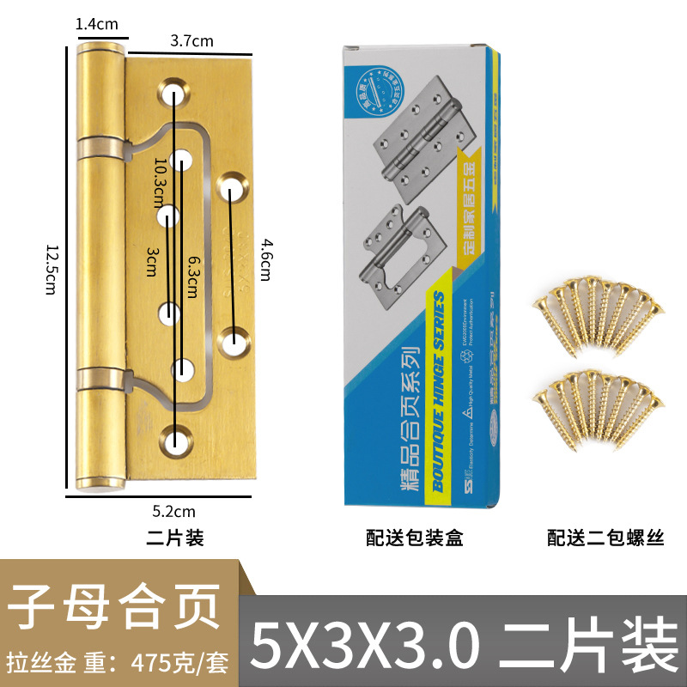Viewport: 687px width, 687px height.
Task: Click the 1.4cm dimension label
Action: pyautogui.click(x=96, y=25)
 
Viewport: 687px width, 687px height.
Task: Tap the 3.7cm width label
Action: pyautogui.click(x=192, y=40)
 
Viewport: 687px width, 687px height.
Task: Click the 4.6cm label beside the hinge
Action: pyautogui.click(x=265, y=258)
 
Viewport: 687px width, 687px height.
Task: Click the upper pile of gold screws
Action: pyautogui.click(x=599, y=317)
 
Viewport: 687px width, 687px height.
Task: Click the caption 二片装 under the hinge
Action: pyautogui.click(x=175, y=538)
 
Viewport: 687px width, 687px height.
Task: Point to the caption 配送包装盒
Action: pyautogui.click(x=415, y=538)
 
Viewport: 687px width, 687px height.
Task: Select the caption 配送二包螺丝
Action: pyautogui.click(x=606, y=538)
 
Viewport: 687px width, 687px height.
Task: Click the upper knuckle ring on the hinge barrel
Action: pyautogui.click(x=101, y=145)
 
